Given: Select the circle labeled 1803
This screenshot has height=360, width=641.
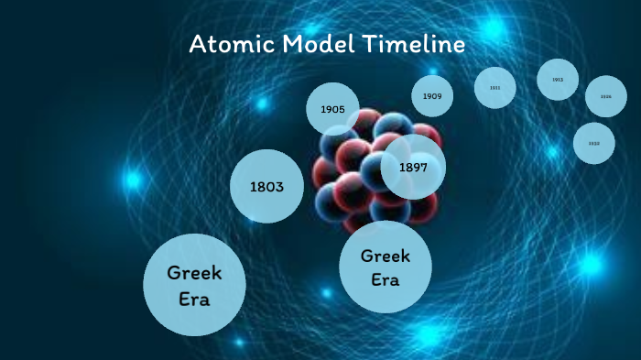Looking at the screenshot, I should (266, 187).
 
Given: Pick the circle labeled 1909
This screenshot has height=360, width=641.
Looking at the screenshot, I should (433, 95).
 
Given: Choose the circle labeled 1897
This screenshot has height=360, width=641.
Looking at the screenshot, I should (414, 167).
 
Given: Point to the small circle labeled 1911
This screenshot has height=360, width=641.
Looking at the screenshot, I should (494, 88).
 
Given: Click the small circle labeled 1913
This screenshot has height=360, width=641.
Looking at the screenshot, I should (557, 80).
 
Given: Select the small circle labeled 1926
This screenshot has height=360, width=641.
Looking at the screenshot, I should (605, 96).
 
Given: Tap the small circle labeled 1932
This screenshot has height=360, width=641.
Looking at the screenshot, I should (593, 143).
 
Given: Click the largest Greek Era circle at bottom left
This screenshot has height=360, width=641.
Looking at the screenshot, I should (194, 284).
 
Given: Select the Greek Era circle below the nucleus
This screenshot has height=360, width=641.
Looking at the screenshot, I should (386, 267).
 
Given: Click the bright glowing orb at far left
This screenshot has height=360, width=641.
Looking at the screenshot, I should (133, 180).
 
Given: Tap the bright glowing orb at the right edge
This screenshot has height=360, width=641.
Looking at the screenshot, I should (591, 265).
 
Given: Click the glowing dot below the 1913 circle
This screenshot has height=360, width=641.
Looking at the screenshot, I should (552, 151).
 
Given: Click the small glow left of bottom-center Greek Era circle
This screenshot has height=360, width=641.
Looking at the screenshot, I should (327, 293).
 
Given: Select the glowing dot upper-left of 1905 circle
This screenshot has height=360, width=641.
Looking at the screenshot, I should (262, 104).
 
